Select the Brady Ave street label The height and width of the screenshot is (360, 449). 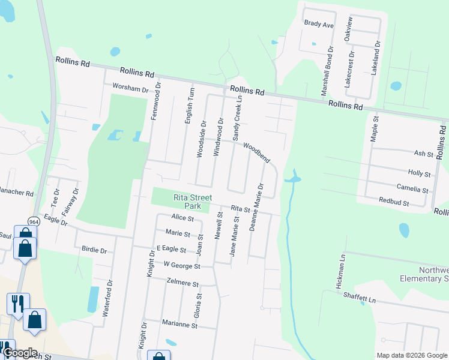[x=319, y=25]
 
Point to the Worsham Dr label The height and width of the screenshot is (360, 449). [x=130, y=89]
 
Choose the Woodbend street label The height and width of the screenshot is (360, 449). [x=256, y=152]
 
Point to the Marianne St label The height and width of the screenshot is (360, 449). [x=179, y=325]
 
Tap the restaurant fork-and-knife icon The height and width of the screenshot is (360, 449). [x=16, y=302]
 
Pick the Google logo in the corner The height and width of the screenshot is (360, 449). [x=19, y=353]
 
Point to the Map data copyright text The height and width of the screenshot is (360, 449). [x=411, y=355]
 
